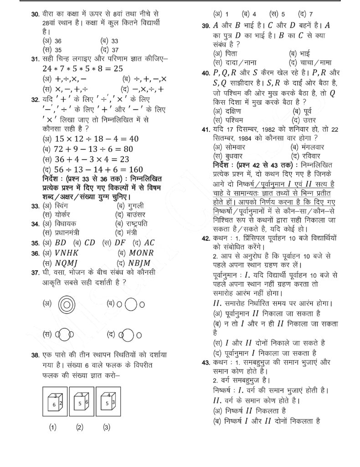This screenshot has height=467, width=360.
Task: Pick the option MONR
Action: click(141, 253)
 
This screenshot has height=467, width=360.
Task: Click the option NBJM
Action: click(140, 263)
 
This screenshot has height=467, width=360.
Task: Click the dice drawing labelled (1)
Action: click(53, 401)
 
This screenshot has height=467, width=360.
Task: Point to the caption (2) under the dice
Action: click(80, 427)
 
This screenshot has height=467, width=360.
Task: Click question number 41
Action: click(205, 129)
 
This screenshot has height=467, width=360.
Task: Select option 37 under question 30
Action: click(114, 50)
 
